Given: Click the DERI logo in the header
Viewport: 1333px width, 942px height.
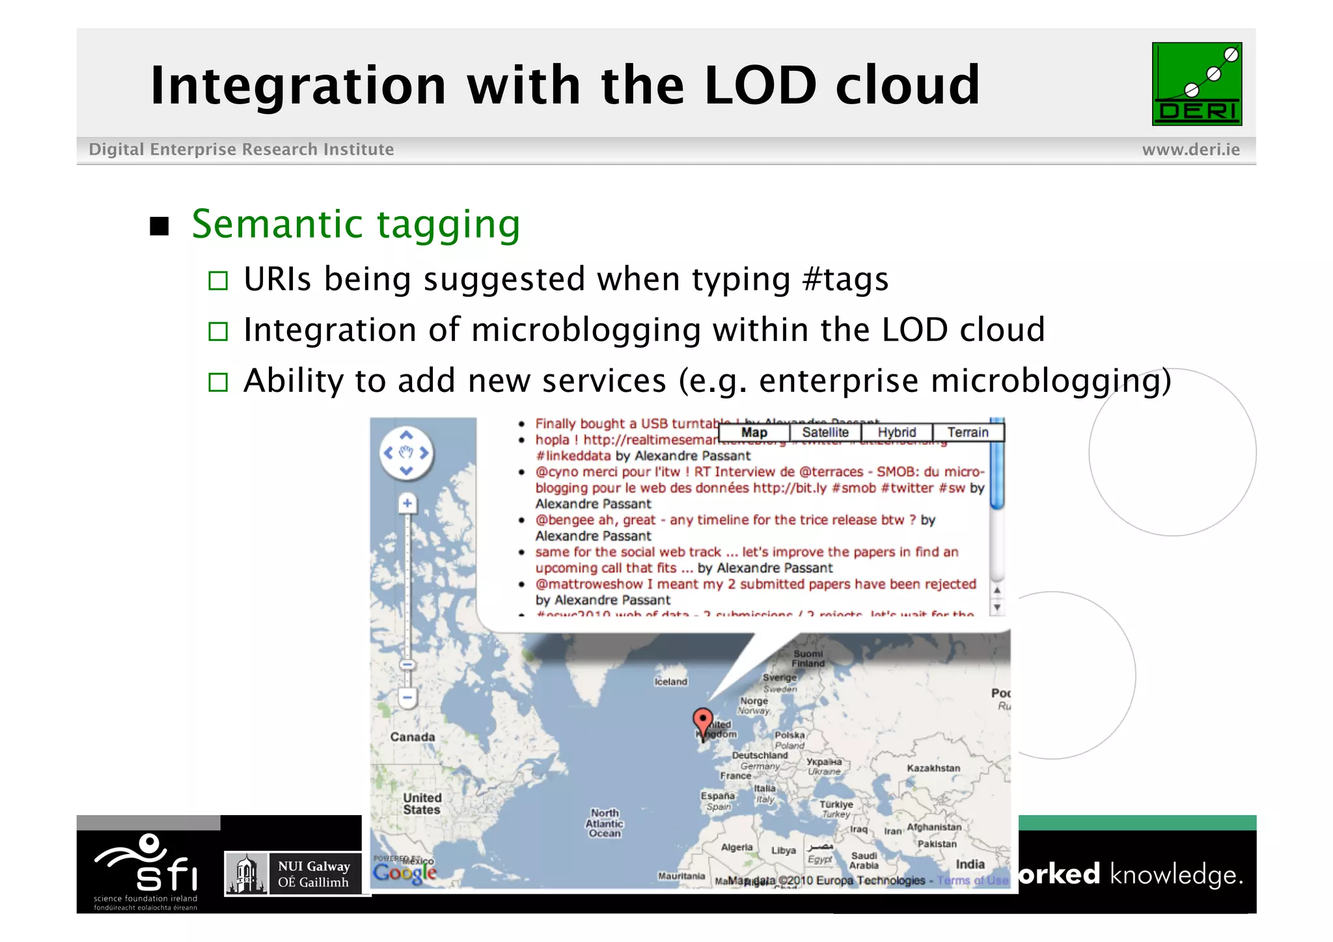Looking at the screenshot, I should pyautogui.click(x=1196, y=84).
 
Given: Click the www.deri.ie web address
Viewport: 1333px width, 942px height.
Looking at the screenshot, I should pyautogui.click(x=1190, y=150).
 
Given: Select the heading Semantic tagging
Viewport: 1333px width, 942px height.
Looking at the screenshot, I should pyautogui.click(x=356, y=225).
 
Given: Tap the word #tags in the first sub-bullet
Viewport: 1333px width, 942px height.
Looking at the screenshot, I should pyautogui.click(x=845, y=279).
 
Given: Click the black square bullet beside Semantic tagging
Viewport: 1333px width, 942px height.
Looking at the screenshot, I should pyautogui.click(x=159, y=227).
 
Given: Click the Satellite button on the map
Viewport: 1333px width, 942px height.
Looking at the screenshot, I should pyautogui.click(x=825, y=432).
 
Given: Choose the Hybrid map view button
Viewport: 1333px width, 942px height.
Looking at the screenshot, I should pyautogui.click(x=896, y=432).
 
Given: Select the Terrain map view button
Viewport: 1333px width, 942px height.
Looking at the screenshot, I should pyautogui.click(x=968, y=432).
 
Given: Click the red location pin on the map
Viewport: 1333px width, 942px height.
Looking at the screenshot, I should pyautogui.click(x=702, y=721).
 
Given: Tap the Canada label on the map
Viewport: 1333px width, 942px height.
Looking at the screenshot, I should pyautogui.click(x=412, y=737).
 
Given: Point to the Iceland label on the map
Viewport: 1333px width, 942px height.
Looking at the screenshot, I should pyautogui.click(x=670, y=682).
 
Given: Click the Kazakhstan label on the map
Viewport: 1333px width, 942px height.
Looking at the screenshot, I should pyautogui.click(x=933, y=768).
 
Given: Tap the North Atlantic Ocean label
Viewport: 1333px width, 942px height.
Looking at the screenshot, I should pyautogui.click(x=605, y=823).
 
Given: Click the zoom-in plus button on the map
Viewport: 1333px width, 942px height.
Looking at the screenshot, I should pyautogui.click(x=407, y=503).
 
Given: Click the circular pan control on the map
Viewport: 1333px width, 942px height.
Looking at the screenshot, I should pyautogui.click(x=406, y=453).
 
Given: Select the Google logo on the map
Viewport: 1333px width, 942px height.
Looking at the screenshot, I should pyautogui.click(x=404, y=872).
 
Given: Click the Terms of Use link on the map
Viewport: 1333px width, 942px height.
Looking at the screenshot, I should pyautogui.click(x=972, y=880).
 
